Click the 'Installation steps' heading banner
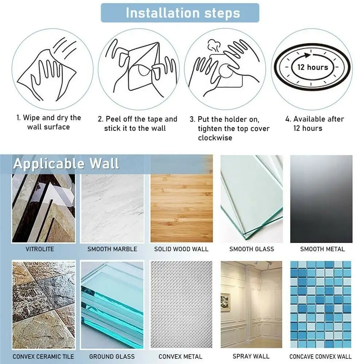(180, 13)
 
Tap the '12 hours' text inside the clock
(312, 67)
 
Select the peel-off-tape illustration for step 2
(140, 69)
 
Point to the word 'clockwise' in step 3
(215, 138)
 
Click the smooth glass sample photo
(251, 198)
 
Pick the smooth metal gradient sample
(321, 199)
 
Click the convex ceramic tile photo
(44, 304)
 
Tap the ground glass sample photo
(112, 304)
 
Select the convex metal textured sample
(181, 304)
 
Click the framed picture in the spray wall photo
(225, 302)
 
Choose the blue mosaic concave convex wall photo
(321, 304)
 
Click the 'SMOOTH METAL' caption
(322, 249)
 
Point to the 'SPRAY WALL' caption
(251, 356)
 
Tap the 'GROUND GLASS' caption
(112, 357)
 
